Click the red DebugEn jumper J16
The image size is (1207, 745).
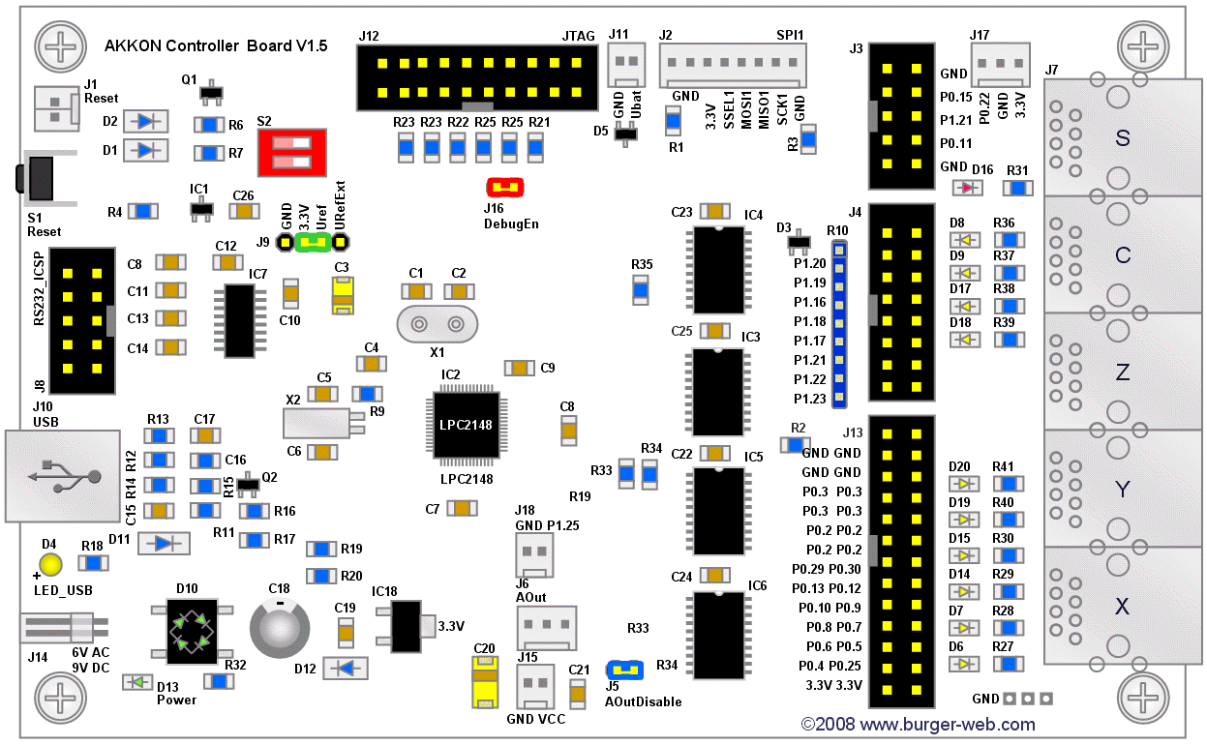tap(503, 187)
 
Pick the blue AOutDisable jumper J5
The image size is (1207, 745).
tap(624, 669)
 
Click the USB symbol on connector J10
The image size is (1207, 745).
tap(66, 475)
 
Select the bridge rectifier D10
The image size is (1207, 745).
tap(191, 631)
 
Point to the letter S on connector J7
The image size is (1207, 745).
tap(1123, 138)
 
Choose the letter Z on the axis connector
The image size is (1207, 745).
tap(1123, 372)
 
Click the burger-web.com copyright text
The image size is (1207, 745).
tap(918, 725)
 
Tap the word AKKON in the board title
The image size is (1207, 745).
tap(132, 45)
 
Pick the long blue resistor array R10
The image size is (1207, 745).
tap(839, 324)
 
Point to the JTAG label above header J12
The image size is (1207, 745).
tap(578, 36)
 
